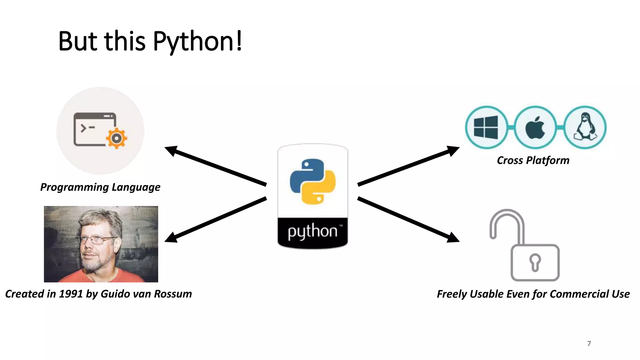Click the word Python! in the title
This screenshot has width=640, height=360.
click(197, 42)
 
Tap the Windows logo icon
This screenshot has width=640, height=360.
click(486, 127)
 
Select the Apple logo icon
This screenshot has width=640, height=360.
click(535, 127)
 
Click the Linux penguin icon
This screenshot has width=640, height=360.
click(585, 127)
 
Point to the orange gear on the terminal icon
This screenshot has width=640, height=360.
click(117, 138)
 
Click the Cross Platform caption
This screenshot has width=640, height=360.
click(533, 160)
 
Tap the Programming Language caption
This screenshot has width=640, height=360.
click(100, 187)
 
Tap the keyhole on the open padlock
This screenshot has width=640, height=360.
click(535, 262)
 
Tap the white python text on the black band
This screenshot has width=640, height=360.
click(312, 232)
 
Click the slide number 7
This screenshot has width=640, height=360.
click(589, 343)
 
